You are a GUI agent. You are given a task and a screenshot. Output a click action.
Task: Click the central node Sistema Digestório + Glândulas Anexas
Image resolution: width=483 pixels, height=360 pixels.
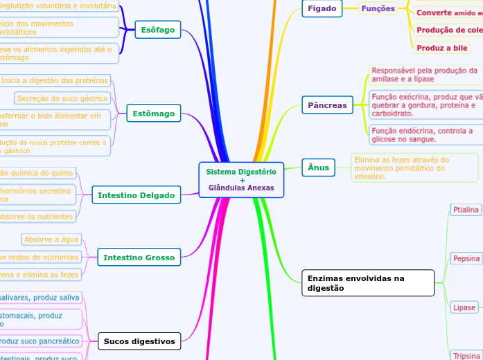[x=241, y=180]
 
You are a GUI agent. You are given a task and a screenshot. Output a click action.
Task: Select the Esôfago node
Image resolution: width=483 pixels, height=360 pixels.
[x=158, y=30]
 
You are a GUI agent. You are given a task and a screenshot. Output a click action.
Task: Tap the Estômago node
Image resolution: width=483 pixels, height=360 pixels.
[x=153, y=113]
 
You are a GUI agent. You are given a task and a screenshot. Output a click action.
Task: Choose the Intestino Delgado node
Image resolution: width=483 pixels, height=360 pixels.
[x=136, y=195]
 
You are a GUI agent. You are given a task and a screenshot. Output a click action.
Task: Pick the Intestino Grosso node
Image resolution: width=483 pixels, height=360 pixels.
[x=139, y=258]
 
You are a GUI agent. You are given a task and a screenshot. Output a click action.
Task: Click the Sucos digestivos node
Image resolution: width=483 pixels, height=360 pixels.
[x=139, y=341]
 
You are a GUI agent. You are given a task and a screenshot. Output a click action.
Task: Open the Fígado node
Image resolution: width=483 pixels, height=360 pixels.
[x=322, y=8]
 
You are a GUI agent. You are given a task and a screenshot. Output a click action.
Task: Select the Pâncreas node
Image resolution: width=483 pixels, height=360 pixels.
[x=327, y=105]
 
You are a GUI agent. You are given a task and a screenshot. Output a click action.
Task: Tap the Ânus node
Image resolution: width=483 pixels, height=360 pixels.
[x=319, y=167]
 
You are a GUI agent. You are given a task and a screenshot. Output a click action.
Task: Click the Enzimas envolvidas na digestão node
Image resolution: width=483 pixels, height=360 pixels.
[x=368, y=282]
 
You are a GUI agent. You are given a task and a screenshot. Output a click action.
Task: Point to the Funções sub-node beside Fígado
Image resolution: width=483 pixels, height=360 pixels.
[x=378, y=8]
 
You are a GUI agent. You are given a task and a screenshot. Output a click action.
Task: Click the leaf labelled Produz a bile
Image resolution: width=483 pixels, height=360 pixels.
[x=441, y=48]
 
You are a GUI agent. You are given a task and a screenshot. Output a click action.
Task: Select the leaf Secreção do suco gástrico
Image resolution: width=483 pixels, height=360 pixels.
[x=62, y=98]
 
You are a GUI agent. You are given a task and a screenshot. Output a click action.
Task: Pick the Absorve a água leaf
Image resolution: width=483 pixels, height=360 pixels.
[x=51, y=240]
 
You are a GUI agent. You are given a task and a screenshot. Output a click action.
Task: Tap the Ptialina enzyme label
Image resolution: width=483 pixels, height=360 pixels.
[x=466, y=209]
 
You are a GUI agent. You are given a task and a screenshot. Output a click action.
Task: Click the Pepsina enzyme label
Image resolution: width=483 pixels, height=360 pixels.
[x=466, y=258]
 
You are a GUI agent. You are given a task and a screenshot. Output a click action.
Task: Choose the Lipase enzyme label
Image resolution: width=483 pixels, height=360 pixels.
[x=464, y=307]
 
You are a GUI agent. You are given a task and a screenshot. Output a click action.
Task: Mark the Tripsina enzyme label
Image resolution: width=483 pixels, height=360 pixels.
[x=466, y=355]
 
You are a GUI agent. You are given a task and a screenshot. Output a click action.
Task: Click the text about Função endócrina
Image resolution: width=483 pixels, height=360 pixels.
[x=422, y=134]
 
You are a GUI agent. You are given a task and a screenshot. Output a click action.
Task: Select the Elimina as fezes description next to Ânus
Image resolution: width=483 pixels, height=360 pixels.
[x=414, y=168]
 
